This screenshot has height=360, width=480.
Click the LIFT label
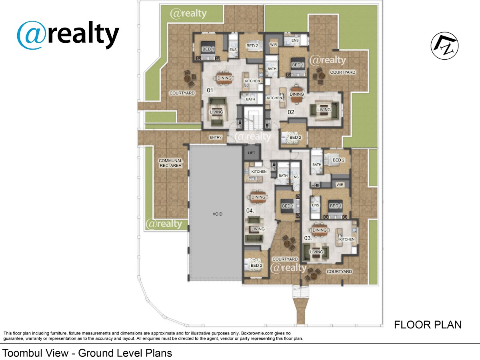(x=252, y=153)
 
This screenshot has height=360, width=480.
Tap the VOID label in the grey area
(x=217, y=214)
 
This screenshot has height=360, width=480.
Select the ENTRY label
(x=216, y=137)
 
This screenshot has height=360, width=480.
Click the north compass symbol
(x=444, y=46)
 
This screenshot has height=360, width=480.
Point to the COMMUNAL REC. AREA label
(x=170, y=163)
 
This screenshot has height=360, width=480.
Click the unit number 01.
(x=211, y=90)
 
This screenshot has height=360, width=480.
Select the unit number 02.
(x=292, y=112)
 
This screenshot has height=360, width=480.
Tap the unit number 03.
(x=308, y=238)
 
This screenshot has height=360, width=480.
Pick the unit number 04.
(x=250, y=210)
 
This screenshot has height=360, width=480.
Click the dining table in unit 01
(x=224, y=78)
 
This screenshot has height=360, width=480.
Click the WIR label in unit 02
(x=273, y=44)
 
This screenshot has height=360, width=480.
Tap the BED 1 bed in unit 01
(x=208, y=50)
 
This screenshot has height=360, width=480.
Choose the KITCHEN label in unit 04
(x=259, y=172)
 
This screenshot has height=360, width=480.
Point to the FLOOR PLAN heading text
(x=428, y=324)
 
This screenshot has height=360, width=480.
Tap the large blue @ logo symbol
(x=31, y=35)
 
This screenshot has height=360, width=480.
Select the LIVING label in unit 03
(x=316, y=252)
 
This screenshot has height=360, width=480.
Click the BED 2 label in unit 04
(x=256, y=265)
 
